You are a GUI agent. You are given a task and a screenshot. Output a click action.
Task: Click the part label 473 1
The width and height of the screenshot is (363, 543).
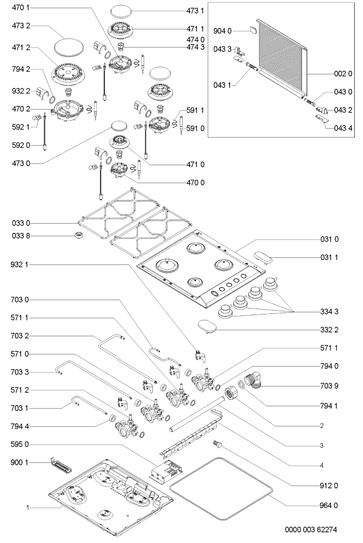coord(195,11)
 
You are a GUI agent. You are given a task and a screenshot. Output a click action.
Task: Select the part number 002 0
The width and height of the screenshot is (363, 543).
coord(343,74)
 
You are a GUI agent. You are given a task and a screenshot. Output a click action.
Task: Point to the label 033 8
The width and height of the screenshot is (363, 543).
coord(21,236)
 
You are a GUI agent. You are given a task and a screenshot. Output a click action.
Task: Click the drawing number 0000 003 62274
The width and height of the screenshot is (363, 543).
coord(311,530)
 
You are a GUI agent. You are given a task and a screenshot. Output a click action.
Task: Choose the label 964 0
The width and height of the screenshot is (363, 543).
coord(329,505)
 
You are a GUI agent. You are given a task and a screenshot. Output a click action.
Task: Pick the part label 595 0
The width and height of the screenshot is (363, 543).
coord(21,444)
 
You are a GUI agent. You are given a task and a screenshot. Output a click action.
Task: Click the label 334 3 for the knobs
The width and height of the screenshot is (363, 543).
coord(329,311)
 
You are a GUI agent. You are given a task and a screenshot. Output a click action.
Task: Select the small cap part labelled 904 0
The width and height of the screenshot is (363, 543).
coord(253,30)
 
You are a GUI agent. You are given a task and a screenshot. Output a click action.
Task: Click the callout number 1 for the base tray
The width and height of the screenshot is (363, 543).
coord(28,508)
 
